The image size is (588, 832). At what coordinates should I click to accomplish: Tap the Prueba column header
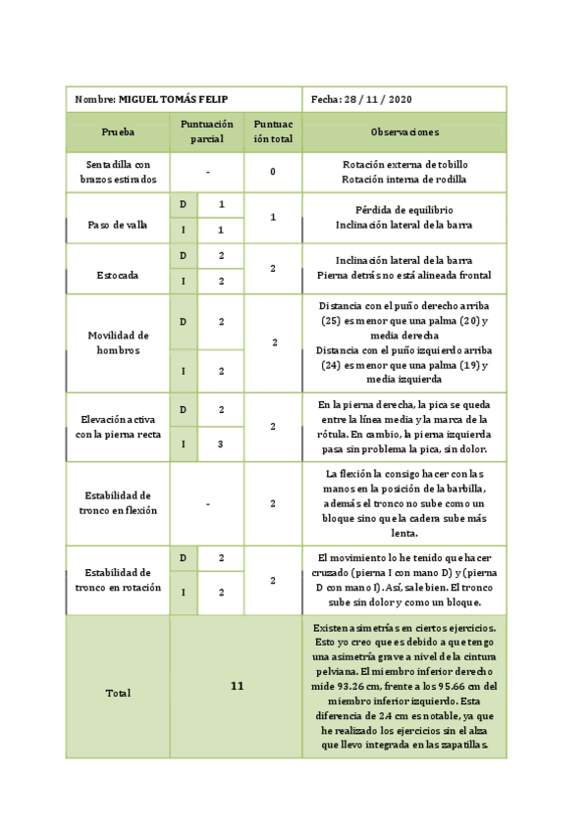(x=118, y=132)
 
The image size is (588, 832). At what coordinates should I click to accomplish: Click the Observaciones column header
(x=404, y=132)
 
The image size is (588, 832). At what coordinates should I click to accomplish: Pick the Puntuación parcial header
(x=207, y=132)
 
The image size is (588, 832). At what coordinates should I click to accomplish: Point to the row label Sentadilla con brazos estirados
(x=118, y=173)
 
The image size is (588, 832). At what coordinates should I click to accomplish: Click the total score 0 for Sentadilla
(x=272, y=173)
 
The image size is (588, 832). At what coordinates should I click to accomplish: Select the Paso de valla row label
(x=118, y=225)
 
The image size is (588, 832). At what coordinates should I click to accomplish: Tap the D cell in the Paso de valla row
(x=184, y=205)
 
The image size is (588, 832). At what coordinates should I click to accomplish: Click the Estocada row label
(x=118, y=276)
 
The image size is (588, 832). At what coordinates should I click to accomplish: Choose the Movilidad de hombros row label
(x=118, y=342)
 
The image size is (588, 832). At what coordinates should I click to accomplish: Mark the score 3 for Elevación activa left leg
(x=222, y=444)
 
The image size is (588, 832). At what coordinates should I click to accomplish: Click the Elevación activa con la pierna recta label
(x=118, y=427)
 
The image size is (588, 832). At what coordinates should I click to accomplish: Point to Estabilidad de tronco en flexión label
(x=118, y=503)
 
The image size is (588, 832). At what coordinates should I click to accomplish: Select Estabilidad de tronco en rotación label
(x=118, y=580)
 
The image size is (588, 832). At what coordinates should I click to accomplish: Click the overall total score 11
(x=237, y=687)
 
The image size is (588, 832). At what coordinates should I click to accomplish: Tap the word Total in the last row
(x=118, y=694)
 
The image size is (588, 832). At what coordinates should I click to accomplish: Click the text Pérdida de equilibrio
(x=404, y=210)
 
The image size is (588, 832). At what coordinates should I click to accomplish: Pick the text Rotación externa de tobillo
(x=404, y=165)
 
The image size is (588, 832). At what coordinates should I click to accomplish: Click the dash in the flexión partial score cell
(x=208, y=504)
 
